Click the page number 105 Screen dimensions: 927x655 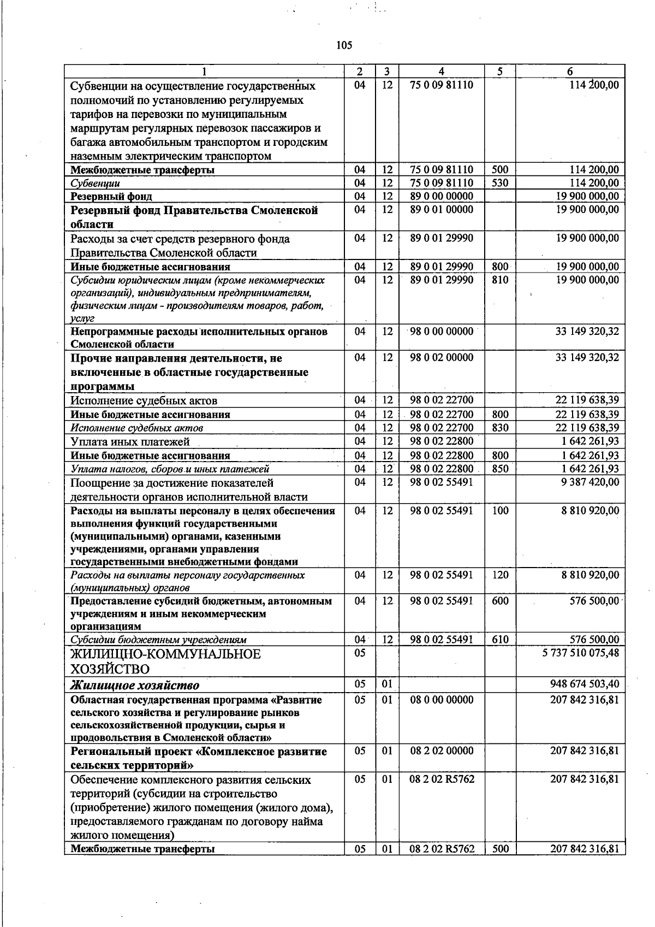point(344,45)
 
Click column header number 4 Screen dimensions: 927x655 point(441,72)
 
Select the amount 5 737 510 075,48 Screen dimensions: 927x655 point(581,653)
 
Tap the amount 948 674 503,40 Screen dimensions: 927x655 point(585,683)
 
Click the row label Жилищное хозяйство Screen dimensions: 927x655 point(135,685)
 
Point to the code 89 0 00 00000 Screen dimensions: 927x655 point(441,196)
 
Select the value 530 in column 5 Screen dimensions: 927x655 point(500,183)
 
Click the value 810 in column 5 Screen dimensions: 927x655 point(500,280)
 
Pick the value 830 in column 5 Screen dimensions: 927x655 point(500,428)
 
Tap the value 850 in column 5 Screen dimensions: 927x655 point(500,469)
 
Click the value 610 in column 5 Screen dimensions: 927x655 point(500,639)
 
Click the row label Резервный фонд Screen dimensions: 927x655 point(111,196)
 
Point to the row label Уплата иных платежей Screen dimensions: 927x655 point(130,441)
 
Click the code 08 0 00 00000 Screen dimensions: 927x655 point(441,700)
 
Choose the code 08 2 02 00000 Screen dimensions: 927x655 point(441,751)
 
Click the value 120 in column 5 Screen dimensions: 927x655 point(500,575)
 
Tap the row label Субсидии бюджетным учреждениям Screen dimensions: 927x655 point(158,640)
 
